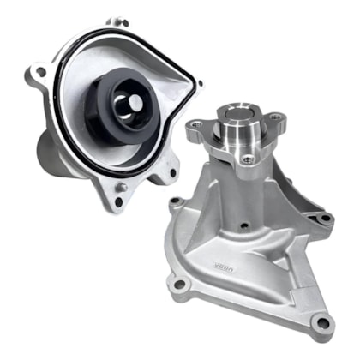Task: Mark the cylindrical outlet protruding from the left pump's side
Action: [x=49, y=154]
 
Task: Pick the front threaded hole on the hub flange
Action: [x=249, y=159]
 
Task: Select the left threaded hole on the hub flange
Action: [x=197, y=126]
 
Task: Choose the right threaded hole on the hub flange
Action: [x=274, y=117]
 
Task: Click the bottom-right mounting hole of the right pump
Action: [x=322, y=323]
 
